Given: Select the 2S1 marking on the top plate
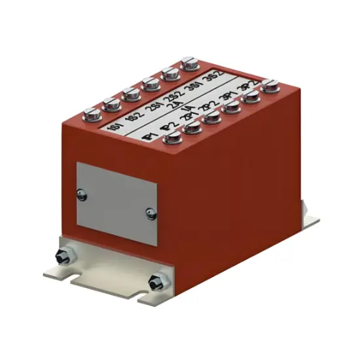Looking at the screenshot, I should point(154,107).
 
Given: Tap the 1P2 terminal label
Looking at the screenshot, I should point(168,126).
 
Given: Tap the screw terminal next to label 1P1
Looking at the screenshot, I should point(173,137).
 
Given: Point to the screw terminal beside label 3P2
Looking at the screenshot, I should point(270,85).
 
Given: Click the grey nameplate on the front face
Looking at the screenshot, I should point(118,203).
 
